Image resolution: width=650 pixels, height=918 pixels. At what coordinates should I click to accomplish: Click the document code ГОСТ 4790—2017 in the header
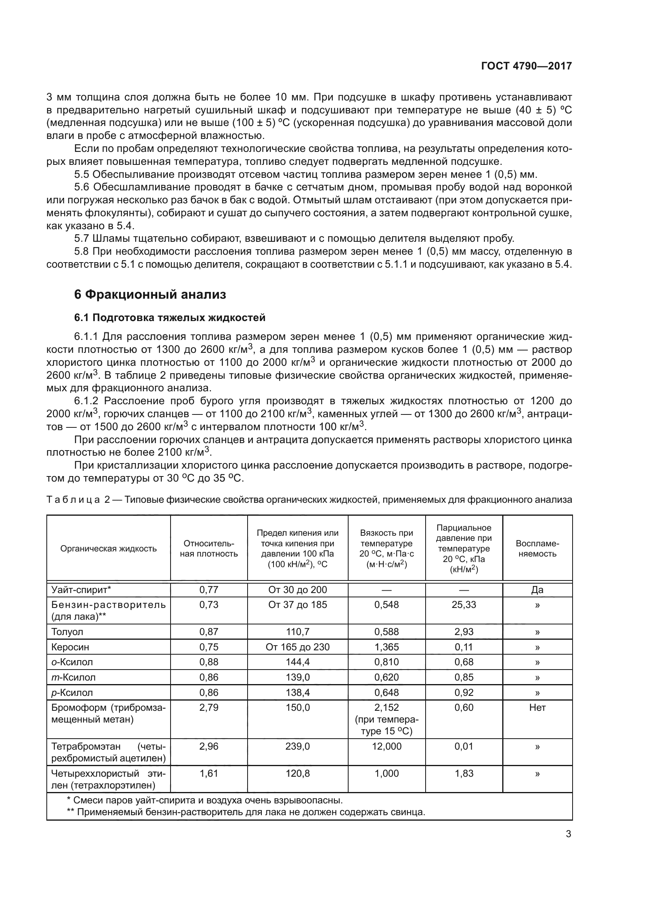point(526,66)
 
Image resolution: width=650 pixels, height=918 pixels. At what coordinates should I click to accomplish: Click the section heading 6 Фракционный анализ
point(150,295)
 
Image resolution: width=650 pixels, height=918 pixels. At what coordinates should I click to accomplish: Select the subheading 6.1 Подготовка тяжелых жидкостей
point(170,318)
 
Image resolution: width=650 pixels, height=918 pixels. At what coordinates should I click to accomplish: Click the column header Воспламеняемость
point(537,549)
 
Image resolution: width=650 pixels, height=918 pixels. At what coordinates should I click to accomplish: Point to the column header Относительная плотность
point(209,549)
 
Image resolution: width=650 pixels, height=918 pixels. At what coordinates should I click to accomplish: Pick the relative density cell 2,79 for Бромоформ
point(209,708)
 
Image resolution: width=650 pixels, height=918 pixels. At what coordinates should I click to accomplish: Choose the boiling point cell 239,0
point(297,746)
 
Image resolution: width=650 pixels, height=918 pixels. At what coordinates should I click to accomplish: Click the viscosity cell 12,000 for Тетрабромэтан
point(386,746)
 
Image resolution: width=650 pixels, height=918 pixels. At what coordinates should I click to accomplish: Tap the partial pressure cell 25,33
point(463,604)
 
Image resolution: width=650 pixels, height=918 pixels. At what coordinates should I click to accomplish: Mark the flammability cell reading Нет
point(537,708)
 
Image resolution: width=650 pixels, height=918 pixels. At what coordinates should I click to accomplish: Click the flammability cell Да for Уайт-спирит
point(537,590)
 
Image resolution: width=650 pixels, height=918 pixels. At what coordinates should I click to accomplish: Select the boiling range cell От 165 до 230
point(297,647)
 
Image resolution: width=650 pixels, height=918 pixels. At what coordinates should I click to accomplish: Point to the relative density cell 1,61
point(209,773)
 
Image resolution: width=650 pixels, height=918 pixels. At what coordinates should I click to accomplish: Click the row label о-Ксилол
point(72,662)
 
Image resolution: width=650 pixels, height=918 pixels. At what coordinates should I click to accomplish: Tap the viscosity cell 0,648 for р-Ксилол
point(386,692)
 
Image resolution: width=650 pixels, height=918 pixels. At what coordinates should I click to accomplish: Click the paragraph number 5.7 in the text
point(82,239)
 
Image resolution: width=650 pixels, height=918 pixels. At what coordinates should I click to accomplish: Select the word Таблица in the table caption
point(73,500)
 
